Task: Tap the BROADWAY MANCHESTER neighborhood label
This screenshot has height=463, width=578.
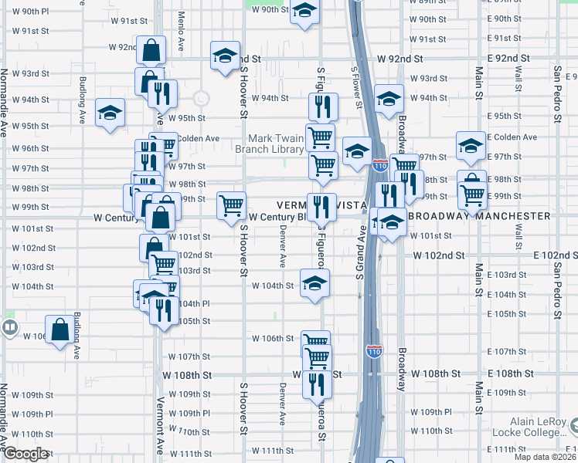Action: point(479,217)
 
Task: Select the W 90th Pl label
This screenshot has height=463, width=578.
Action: point(30,12)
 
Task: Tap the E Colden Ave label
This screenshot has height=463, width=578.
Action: point(515,137)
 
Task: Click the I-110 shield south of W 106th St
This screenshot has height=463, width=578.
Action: point(373,350)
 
